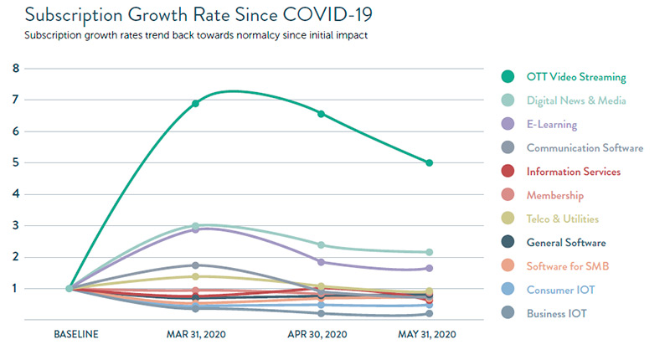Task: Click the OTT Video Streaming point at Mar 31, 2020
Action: [x=195, y=103]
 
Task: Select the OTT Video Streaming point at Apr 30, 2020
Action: [x=322, y=114]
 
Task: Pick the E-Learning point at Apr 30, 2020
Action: [x=322, y=262]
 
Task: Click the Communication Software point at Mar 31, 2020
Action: [x=195, y=265]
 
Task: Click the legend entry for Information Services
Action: [x=573, y=172]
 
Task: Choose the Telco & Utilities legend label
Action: [x=563, y=219]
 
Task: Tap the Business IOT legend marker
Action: [x=508, y=313]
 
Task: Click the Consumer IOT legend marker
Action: [x=508, y=290]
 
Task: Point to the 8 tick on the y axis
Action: [x=16, y=69]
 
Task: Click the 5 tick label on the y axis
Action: [x=16, y=162]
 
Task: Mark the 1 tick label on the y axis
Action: [x=16, y=288]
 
